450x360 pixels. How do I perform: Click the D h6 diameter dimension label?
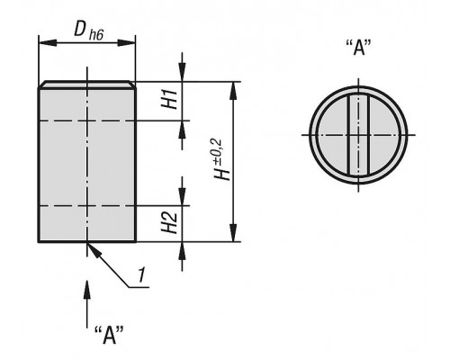(89, 31)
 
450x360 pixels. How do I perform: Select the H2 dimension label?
(169, 222)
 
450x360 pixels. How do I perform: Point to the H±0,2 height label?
(221, 159)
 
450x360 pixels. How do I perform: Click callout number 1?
(141, 274)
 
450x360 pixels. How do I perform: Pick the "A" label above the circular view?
(358, 47)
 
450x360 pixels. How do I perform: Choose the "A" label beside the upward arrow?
(109, 335)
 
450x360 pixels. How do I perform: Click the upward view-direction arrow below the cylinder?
(87, 304)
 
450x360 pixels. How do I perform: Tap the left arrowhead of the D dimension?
(48, 42)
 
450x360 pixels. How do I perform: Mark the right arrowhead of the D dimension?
(126, 42)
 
